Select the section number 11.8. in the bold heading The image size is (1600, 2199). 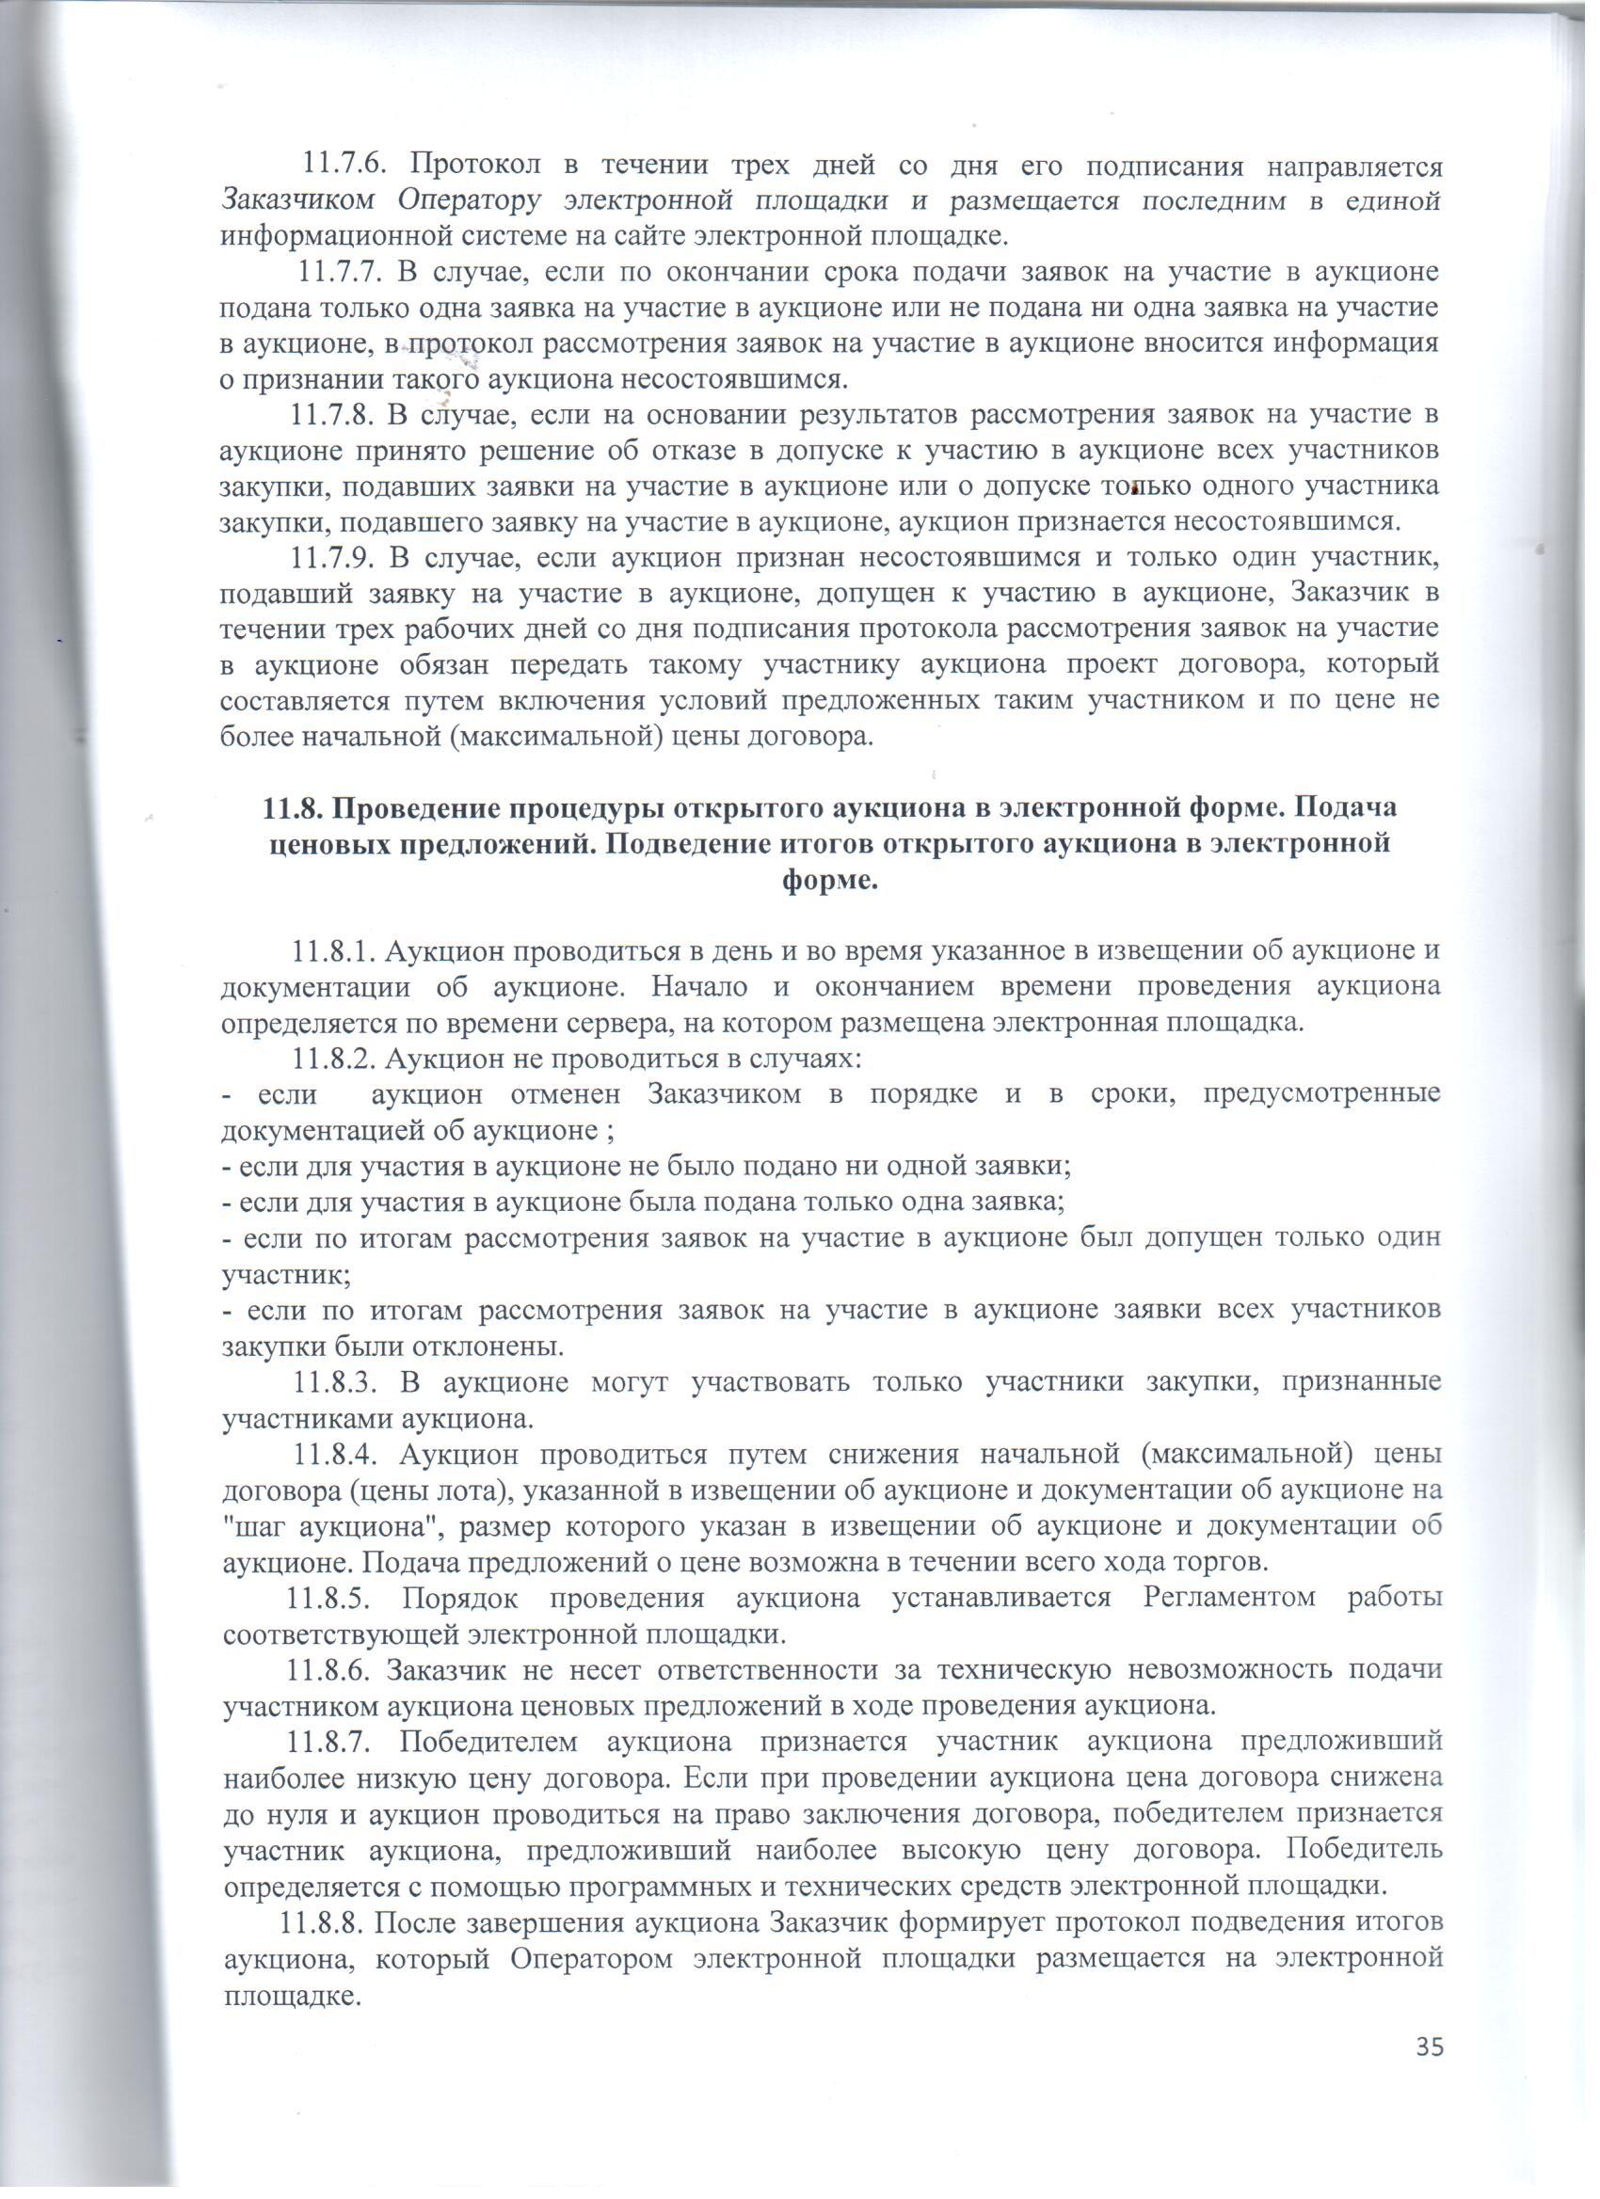coord(295,809)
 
